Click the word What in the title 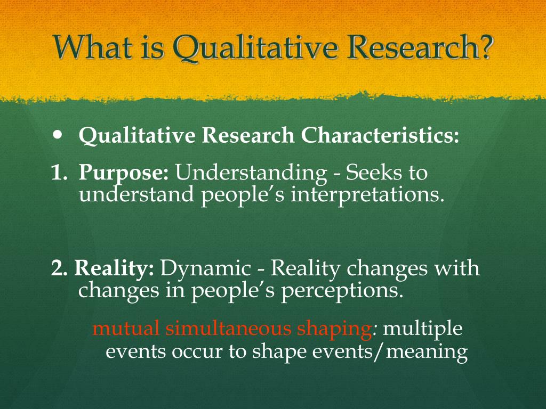[93, 46]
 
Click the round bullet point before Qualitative [58, 135]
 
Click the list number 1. [59, 173]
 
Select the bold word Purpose [124, 174]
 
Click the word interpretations [367, 195]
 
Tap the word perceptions [342, 291]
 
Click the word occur [197, 352]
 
